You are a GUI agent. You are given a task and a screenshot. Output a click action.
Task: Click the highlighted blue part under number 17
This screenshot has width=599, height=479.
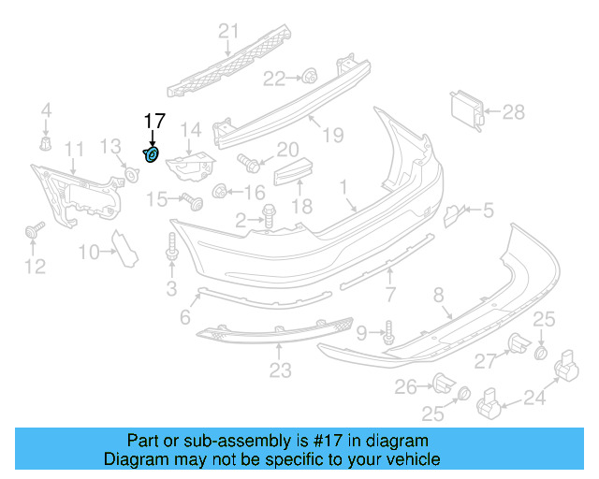(x=152, y=153)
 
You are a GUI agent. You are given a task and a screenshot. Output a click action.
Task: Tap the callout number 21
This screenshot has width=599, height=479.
(x=224, y=33)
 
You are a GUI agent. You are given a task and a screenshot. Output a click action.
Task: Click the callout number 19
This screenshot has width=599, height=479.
(x=334, y=136)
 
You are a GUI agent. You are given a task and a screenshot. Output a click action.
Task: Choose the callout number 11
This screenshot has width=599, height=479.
(x=74, y=149)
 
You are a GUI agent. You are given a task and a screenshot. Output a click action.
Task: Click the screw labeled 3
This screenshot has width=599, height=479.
(x=172, y=250)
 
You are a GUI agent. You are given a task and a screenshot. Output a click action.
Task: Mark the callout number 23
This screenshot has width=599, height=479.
(x=280, y=371)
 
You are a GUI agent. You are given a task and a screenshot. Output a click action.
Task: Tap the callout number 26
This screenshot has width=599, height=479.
(x=404, y=385)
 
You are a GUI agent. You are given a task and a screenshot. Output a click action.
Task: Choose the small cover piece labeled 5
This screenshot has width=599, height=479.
(x=451, y=215)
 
